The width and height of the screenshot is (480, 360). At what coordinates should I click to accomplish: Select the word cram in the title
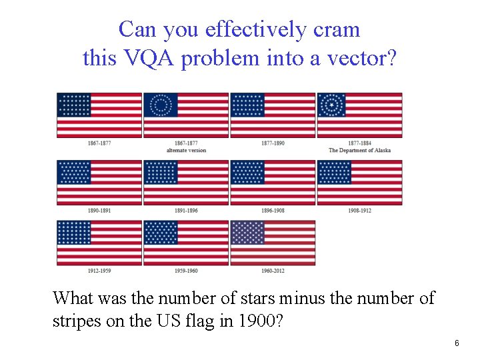336,29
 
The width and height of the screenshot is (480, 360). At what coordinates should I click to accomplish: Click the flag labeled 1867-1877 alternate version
186,115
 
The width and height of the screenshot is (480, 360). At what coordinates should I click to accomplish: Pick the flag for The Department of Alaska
359,115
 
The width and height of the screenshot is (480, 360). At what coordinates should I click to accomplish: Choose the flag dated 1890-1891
99,182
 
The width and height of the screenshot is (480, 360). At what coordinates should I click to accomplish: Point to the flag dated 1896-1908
273,182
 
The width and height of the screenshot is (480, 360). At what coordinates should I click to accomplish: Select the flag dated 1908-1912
359,182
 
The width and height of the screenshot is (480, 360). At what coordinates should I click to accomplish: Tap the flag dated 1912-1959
99,243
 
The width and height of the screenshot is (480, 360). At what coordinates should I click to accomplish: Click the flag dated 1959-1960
186,243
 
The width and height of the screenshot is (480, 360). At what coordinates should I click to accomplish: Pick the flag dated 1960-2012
273,243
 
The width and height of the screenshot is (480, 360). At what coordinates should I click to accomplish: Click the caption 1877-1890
273,143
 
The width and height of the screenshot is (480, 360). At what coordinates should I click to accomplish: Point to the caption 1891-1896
186,211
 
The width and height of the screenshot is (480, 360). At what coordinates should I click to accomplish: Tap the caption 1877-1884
359,143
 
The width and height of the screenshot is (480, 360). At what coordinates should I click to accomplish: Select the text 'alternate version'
186,151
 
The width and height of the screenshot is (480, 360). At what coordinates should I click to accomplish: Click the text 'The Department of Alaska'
359,151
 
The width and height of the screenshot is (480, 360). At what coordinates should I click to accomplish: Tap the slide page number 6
457,343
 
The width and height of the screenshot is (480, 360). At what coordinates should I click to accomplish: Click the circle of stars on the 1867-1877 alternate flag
160,105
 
